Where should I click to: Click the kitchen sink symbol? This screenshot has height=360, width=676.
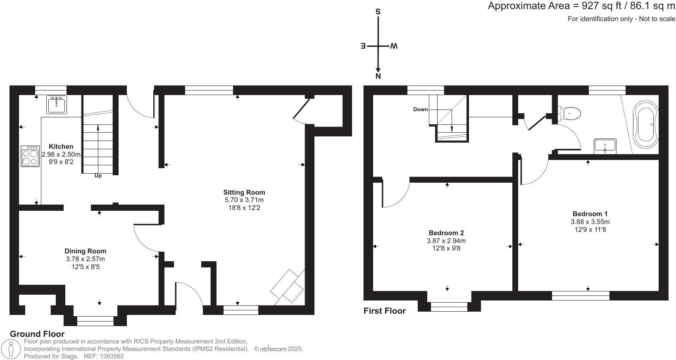pyautogui.click(x=57, y=105)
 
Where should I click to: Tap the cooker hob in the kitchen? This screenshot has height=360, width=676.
pyautogui.click(x=30, y=156)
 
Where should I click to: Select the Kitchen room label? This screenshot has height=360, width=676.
pyautogui.click(x=61, y=146)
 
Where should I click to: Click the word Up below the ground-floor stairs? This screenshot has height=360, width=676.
pyautogui.click(x=98, y=176)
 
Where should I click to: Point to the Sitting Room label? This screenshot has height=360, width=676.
pyautogui.click(x=244, y=192)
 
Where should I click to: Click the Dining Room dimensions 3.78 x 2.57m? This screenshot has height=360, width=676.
pyautogui.click(x=85, y=259)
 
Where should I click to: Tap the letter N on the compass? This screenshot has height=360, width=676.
pyautogui.click(x=378, y=76)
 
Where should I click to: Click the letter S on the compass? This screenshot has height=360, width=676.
pyautogui.click(x=378, y=12)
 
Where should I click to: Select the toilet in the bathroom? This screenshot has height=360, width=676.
pyautogui.click(x=570, y=112)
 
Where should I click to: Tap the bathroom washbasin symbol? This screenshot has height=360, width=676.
pyautogui.click(x=605, y=146)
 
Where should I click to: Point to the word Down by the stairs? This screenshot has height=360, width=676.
pyautogui.click(x=421, y=110)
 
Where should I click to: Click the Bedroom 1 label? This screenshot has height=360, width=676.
pyautogui.click(x=590, y=214)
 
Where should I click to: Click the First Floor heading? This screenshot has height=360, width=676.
pyautogui.click(x=384, y=311)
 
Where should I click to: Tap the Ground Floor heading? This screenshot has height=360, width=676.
pyautogui.click(x=37, y=334)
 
